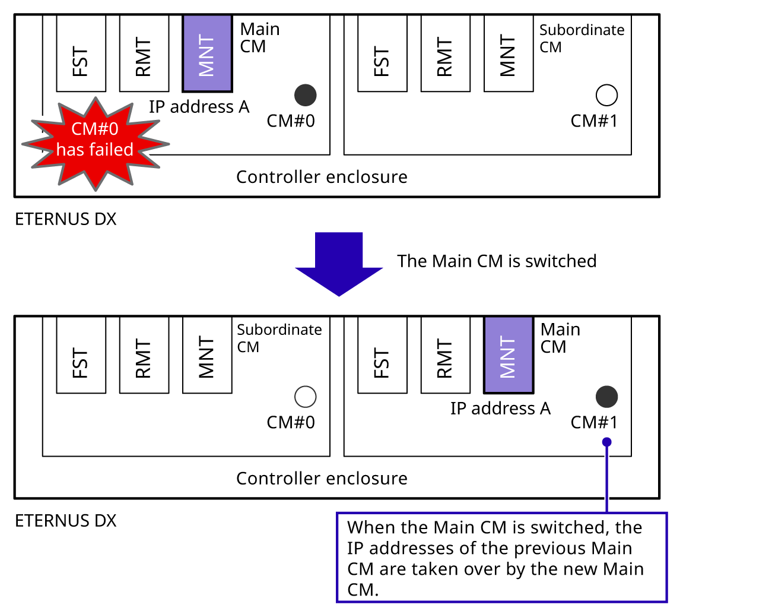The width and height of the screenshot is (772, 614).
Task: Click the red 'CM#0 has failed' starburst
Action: pos(95,143)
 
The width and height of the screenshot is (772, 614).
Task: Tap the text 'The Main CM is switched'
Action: pos(497,261)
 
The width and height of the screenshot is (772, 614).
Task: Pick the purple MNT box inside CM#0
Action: pos(207,54)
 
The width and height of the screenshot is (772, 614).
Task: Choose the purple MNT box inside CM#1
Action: pos(509,355)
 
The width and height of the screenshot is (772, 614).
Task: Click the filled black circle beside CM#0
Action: pos(306,95)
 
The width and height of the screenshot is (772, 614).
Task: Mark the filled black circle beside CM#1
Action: pos(606,397)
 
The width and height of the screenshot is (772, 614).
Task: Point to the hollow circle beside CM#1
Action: pos(606,95)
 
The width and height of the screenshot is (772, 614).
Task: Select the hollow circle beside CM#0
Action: pos(306,397)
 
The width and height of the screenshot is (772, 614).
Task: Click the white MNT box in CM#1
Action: pos(509,54)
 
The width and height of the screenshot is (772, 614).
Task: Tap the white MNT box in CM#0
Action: pos(207,355)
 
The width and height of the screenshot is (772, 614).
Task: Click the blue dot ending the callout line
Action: pos(606,442)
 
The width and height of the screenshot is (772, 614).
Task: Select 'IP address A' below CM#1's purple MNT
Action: pos(500,409)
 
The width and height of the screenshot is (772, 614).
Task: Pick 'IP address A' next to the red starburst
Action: pos(199,107)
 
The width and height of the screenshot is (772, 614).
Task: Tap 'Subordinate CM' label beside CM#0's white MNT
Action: pos(279,338)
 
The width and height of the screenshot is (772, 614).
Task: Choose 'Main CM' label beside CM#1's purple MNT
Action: pos(560,338)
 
